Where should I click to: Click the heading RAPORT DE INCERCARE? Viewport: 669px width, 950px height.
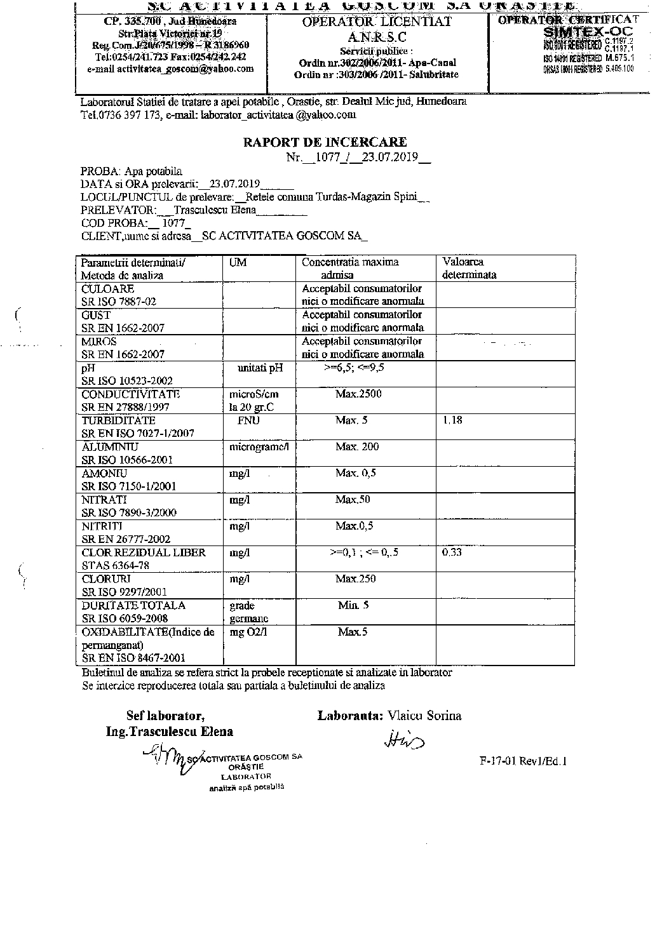point(325,142)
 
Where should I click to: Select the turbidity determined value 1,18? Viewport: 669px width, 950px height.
point(452,420)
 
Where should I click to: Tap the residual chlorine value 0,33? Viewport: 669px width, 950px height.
point(452,552)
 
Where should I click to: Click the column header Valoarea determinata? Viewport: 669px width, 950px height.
point(470,269)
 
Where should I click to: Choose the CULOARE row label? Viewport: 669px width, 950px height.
point(107,289)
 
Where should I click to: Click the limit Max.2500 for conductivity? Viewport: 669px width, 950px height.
point(358,394)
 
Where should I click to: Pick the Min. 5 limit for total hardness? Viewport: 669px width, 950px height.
point(353,605)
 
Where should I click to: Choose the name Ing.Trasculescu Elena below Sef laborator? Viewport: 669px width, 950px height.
point(170,732)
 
